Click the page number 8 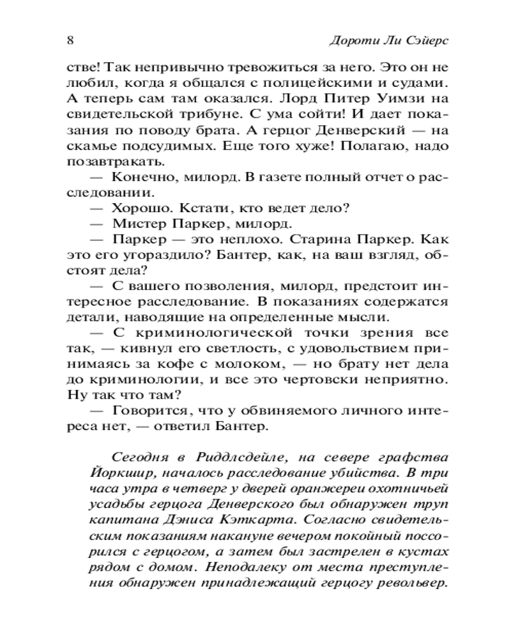(x=69, y=38)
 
